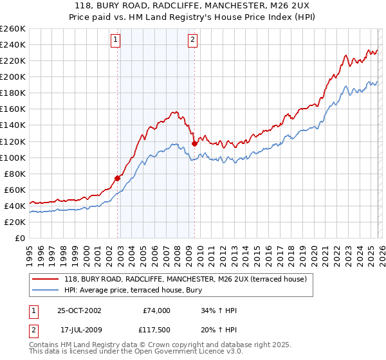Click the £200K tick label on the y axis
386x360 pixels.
click(13, 76)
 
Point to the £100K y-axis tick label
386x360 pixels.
click(13, 157)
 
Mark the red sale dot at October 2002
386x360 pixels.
click(118, 178)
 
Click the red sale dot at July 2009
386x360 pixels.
click(194, 143)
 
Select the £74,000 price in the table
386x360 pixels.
click(156, 310)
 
